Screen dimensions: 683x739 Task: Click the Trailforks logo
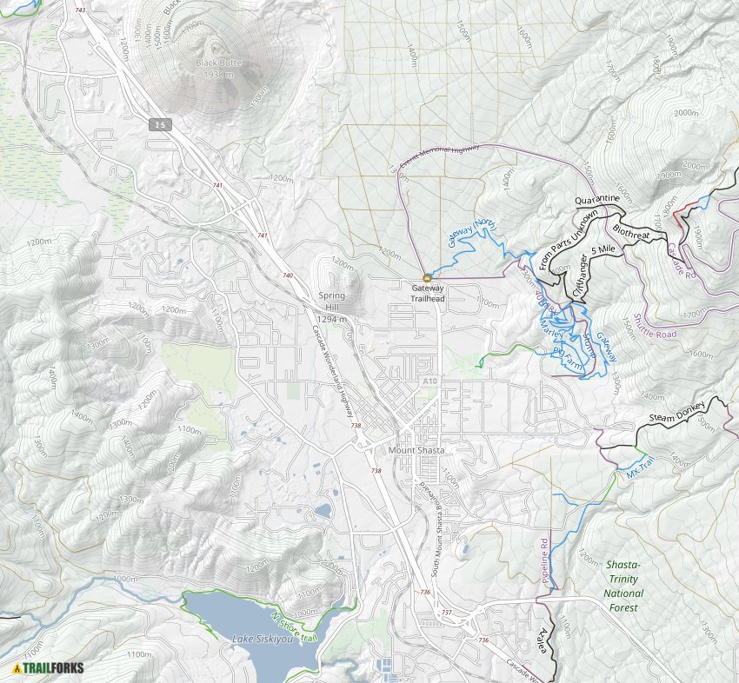pyautogui.click(x=49, y=668)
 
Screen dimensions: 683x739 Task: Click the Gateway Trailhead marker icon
pyautogui.click(x=427, y=278)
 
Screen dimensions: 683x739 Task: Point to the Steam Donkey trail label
pyautogui.click(x=679, y=419)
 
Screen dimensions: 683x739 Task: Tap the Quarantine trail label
pyautogui.click(x=597, y=199)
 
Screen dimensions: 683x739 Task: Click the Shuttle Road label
pyautogui.click(x=655, y=327)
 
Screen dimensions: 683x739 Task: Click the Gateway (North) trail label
pyautogui.click(x=474, y=234)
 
